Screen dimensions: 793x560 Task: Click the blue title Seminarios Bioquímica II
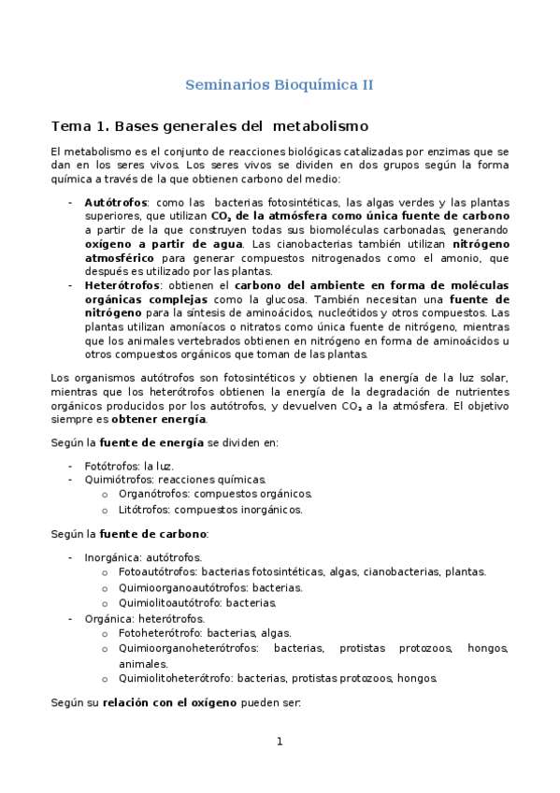tap(280, 84)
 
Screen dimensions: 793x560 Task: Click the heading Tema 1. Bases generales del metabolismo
tap(209, 125)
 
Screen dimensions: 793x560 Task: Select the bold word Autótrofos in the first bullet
tap(116, 202)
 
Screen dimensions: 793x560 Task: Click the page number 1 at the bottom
tap(279, 742)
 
